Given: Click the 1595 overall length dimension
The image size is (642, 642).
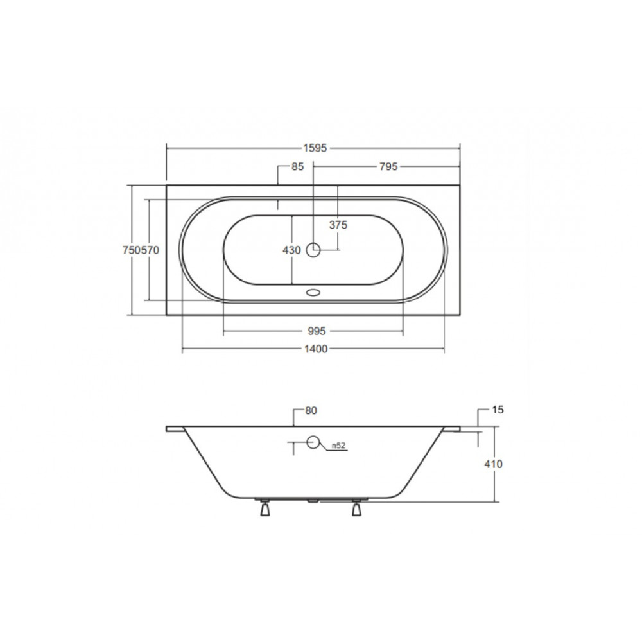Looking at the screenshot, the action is [315, 148].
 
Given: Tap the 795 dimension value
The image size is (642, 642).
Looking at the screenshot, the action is [388, 167].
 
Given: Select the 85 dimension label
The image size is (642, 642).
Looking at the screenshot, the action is [298, 167].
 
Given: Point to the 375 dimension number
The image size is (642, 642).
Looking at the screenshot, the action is [338, 225].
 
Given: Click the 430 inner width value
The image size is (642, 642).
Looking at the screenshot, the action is [291, 250].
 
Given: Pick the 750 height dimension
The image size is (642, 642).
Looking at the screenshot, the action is [132, 250].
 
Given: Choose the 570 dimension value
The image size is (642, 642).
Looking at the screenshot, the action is [150, 250].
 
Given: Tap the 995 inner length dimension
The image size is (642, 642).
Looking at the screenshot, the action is [317, 331].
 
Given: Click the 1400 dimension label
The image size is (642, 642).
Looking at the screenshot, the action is [316, 349].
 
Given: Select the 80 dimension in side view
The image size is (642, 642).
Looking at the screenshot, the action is [311, 411].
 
